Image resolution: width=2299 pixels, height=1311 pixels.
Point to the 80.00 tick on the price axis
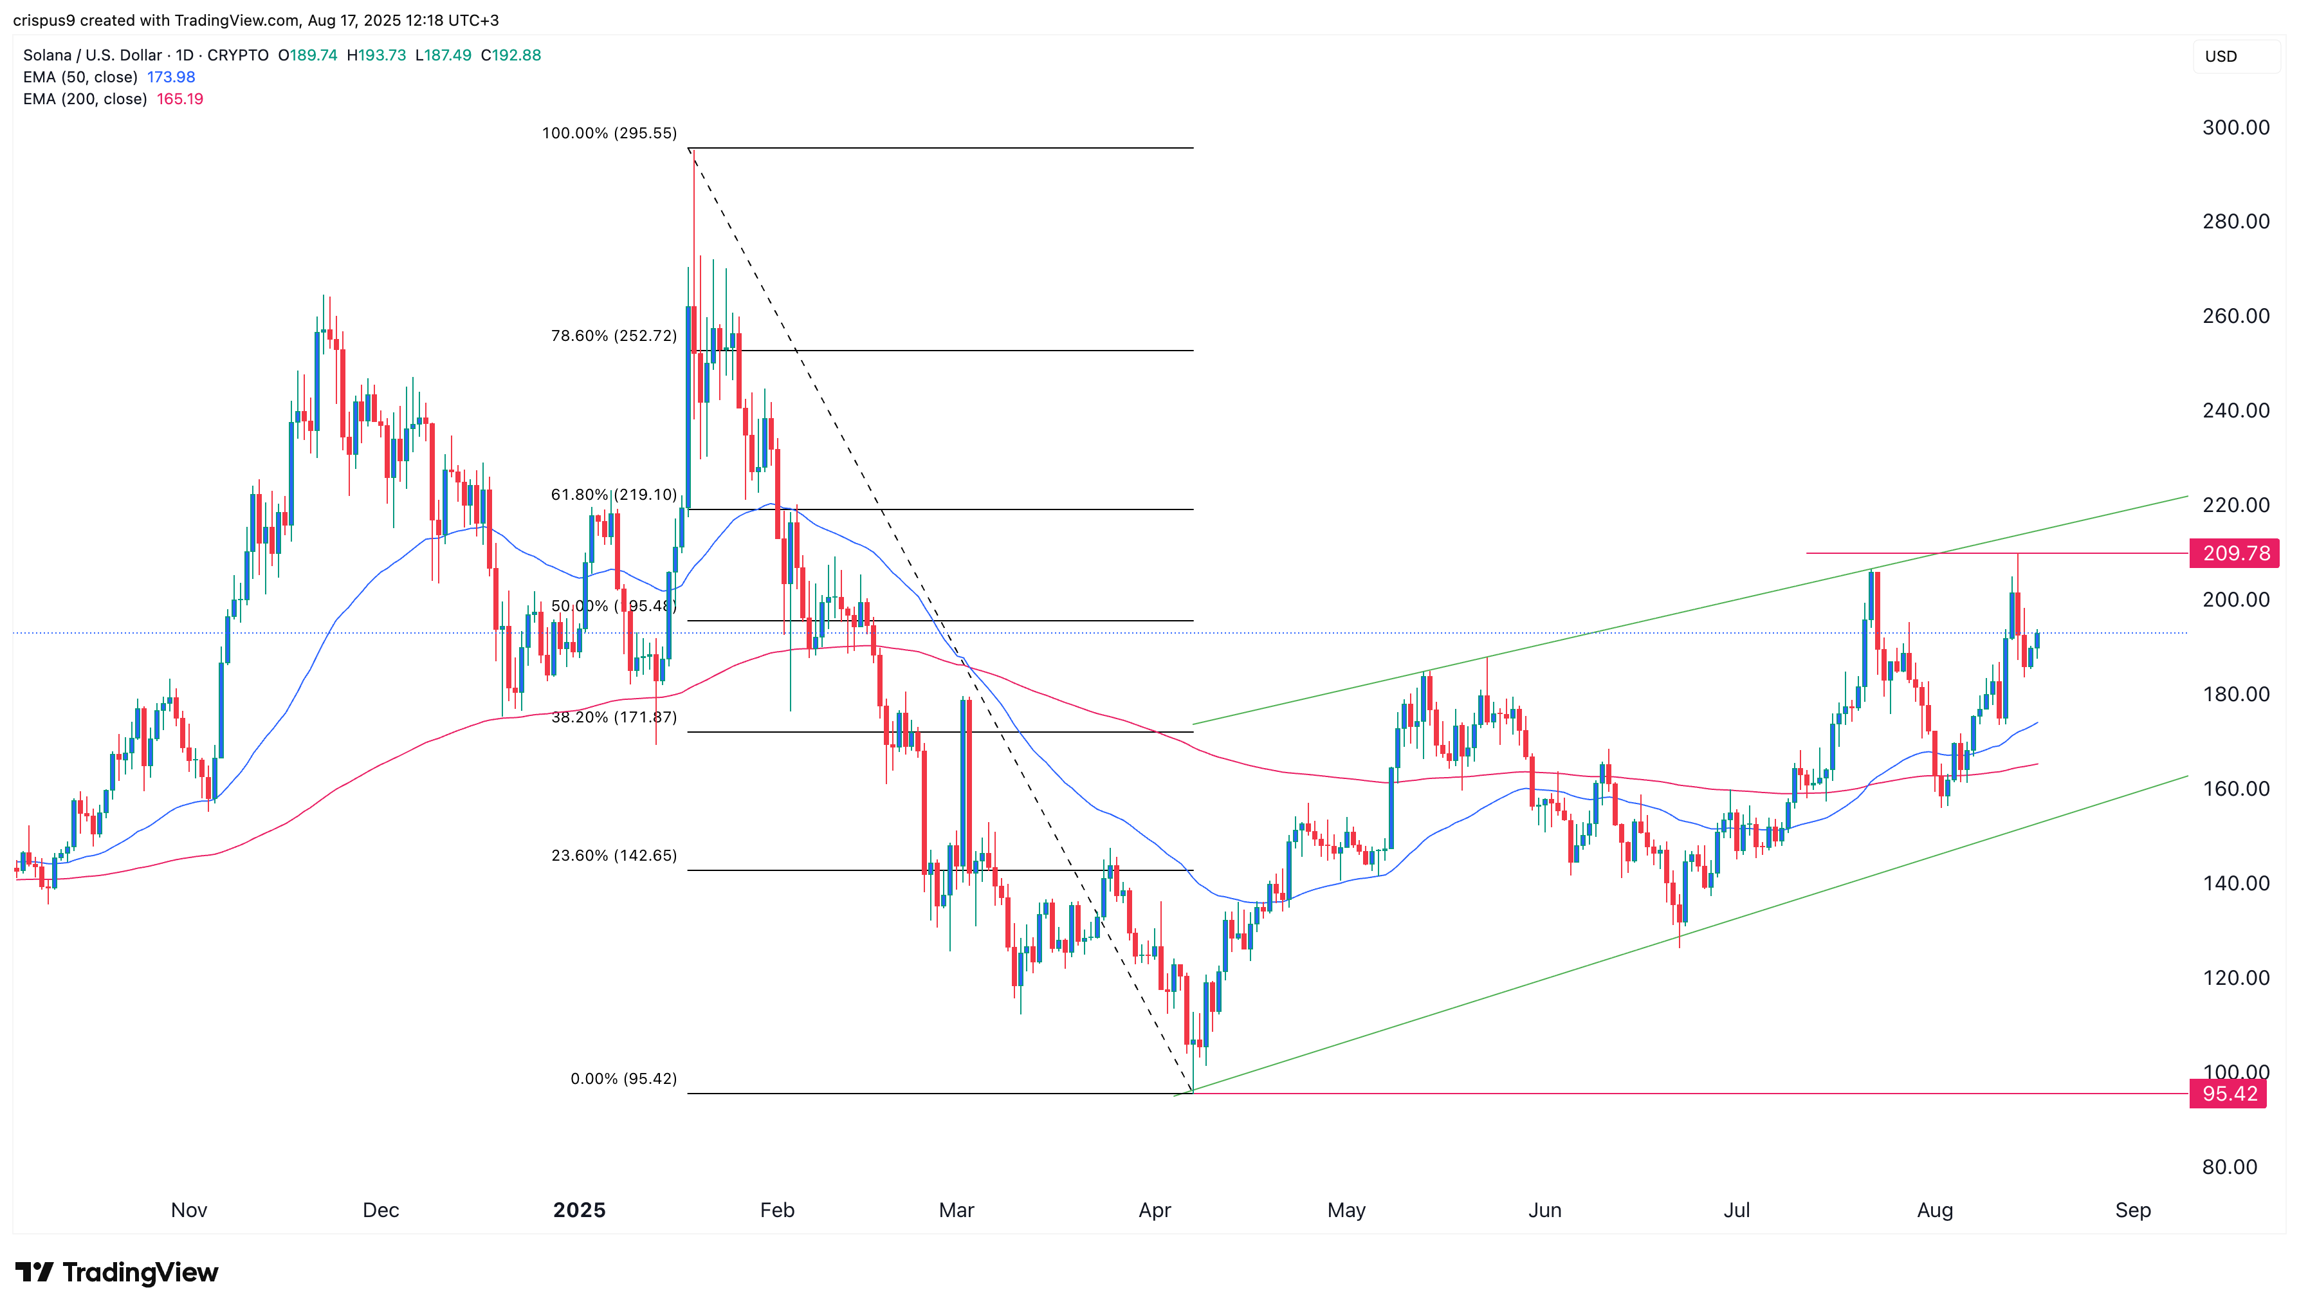coord(2229,1167)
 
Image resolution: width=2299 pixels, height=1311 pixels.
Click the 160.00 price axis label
coord(2235,789)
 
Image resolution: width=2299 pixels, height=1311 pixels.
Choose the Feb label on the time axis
coord(777,1210)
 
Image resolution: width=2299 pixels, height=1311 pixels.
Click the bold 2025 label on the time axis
coord(579,1210)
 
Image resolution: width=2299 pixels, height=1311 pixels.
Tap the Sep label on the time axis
coord(2132,1210)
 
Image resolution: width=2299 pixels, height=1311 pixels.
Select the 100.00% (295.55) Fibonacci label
coord(609,133)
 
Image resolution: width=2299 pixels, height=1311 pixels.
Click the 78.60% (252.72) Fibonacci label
coord(613,336)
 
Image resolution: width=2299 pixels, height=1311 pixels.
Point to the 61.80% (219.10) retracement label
coord(613,494)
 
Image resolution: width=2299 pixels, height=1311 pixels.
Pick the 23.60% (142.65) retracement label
coord(613,856)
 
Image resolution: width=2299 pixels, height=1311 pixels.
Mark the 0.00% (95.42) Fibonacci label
coord(623,1079)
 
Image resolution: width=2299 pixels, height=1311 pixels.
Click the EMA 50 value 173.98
coord(171,77)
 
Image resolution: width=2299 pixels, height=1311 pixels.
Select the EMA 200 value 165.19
coord(180,99)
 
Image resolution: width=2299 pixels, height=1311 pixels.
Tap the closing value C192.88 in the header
coord(510,55)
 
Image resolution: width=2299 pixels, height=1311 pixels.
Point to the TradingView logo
coord(117,1272)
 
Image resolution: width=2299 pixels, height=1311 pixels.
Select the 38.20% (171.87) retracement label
coord(613,718)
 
